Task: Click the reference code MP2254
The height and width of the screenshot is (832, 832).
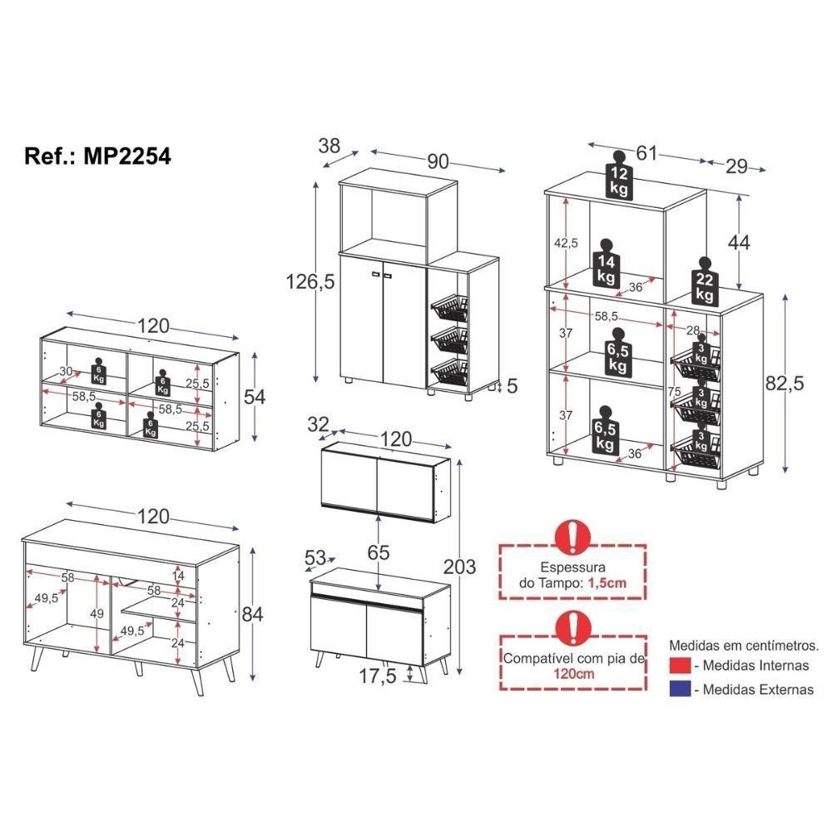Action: click(x=127, y=156)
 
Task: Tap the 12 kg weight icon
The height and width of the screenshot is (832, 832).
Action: click(x=619, y=177)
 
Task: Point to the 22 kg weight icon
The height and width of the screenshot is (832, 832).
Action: click(x=704, y=283)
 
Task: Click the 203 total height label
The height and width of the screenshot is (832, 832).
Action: click(x=459, y=567)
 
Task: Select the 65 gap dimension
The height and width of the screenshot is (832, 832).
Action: click(x=379, y=551)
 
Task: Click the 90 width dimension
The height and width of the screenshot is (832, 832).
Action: click(x=438, y=162)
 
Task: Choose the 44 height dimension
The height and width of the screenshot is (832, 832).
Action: click(x=738, y=242)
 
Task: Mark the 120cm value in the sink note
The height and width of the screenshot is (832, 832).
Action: click(x=572, y=674)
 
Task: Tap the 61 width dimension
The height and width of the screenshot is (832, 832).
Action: click(x=646, y=153)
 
